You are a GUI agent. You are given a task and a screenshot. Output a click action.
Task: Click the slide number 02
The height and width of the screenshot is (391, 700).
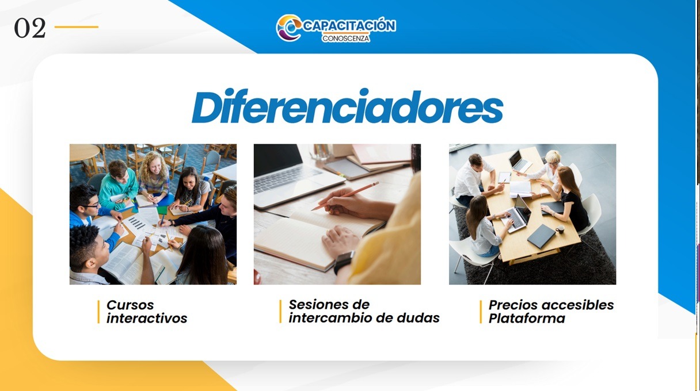pyautogui.click(x=30, y=28)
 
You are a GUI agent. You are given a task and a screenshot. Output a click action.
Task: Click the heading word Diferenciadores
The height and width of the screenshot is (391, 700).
pyautogui.click(x=347, y=106)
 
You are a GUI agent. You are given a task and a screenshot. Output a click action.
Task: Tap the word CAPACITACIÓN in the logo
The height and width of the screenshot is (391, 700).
pyautogui.click(x=349, y=25)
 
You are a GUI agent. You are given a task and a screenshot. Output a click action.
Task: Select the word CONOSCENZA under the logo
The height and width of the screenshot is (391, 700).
pyautogui.click(x=345, y=39)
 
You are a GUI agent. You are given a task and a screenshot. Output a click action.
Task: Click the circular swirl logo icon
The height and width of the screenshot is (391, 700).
pyautogui.click(x=288, y=28)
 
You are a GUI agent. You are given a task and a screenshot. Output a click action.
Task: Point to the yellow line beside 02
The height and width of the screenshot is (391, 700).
pyautogui.click(x=76, y=27)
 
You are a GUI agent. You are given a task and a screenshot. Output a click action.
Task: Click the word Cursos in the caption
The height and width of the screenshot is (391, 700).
pyautogui.click(x=130, y=305)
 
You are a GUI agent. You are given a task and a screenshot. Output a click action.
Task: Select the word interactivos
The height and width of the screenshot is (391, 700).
pyautogui.click(x=147, y=319)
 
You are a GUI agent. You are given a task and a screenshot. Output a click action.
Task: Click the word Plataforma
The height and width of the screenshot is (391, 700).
pyautogui.click(x=527, y=319)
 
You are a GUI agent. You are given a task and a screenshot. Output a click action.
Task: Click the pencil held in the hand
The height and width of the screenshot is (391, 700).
pyautogui.click(x=345, y=196)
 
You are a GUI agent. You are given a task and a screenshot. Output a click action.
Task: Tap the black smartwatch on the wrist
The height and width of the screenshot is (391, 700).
pyautogui.click(x=344, y=262)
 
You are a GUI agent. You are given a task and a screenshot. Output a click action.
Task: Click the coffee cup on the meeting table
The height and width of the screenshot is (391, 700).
pyautogui.click(x=560, y=229)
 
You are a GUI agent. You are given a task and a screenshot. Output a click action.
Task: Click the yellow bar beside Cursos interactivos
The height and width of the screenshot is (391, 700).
pyautogui.click(x=99, y=312)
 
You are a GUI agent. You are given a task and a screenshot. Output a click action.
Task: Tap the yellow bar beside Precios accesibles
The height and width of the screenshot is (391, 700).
pyautogui.click(x=481, y=312)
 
